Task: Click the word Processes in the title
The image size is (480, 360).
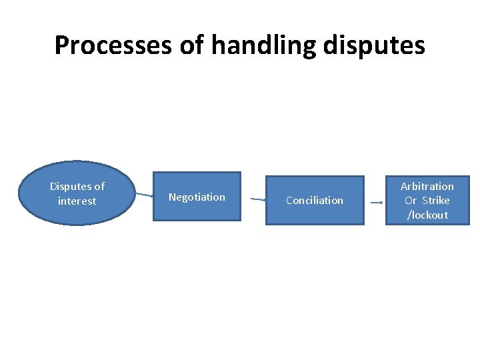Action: click(x=113, y=45)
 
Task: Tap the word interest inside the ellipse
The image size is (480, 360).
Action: click(x=77, y=201)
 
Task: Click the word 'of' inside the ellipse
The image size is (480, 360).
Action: click(x=99, y=187)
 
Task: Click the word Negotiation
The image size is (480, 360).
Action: click(x=197, y=197)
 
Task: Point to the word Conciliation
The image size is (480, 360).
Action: click(x=315, y=201)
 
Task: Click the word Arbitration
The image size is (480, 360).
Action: click(x=427, y=187)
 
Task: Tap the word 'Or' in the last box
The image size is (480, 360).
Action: click(x=411, y=201)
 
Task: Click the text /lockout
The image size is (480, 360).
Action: click(x=427, y=215)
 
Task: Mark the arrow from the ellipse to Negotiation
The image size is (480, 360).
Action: click(x=145, y=195)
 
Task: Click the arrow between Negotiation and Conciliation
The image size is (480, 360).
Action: click(x=258, y=199)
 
